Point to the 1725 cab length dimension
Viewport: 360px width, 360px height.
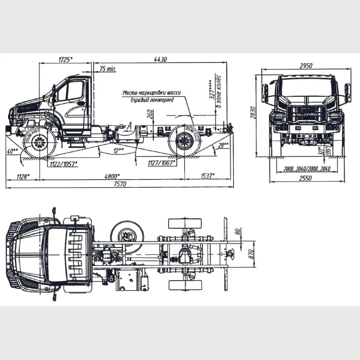click(66, 59)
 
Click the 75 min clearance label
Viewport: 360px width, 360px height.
click(108, 68)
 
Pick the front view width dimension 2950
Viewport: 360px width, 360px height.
click(306, 66)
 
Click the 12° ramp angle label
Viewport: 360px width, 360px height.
click(117, 150)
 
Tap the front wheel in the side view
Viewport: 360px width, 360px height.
click(40, 143)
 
